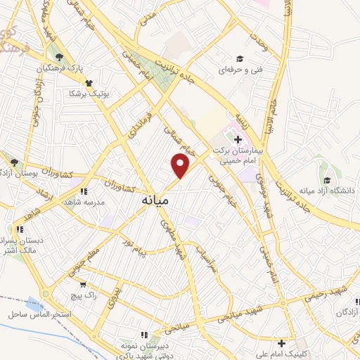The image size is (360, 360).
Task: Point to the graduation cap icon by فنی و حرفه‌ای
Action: (239, 59)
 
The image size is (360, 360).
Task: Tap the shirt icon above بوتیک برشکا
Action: (89, 83)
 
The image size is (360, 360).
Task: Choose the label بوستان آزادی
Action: (18, 173)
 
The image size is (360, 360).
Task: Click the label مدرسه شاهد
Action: (84, 202)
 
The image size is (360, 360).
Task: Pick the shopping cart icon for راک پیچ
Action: (84, 285)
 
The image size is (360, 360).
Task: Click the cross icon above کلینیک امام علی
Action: (282, 344)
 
